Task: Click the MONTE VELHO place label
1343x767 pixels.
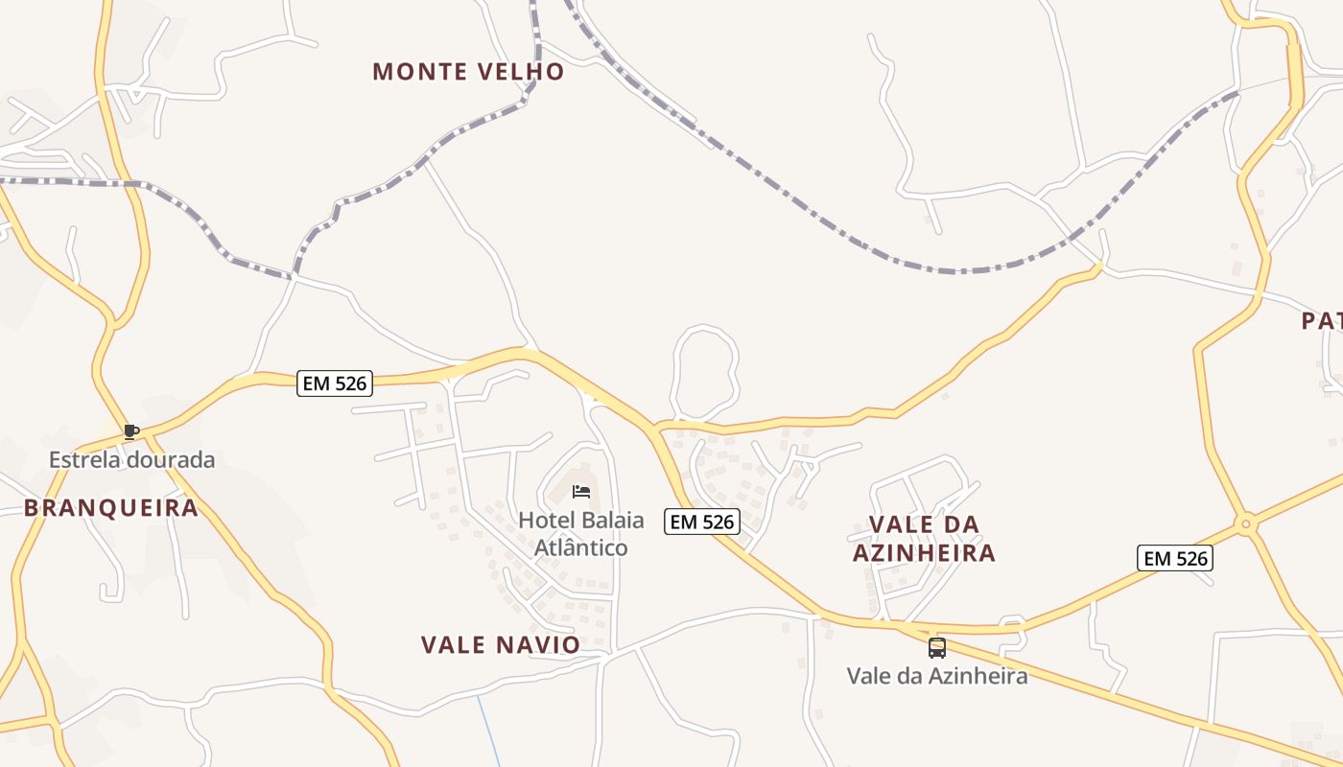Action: [468, 72]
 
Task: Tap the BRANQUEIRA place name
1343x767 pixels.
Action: [111, 508]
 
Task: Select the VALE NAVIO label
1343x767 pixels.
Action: [501, 645]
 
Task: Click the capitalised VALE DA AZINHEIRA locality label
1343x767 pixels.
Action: [925, 539]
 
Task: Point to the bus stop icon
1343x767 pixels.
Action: [937, 648]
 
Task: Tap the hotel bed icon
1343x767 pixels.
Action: [580, 492]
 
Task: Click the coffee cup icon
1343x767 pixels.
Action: [130, 432]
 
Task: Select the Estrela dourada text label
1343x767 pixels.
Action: [132, 460]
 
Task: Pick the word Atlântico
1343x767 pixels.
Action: [580, 548]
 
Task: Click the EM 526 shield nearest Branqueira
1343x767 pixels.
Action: [334, 383]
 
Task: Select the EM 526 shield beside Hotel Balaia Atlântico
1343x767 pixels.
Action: [703, 522]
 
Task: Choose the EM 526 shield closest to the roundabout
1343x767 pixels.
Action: [1175, 558]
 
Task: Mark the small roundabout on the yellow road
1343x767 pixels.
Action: [1245, 523]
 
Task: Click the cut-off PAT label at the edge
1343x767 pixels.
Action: [1322, 321]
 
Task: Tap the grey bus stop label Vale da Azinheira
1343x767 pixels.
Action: [937, 676]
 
